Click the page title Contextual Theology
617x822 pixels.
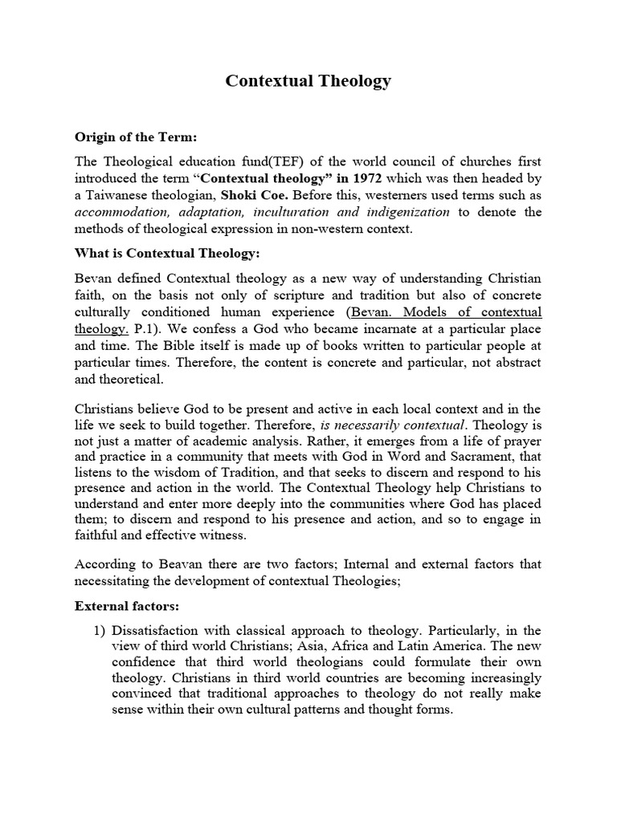308,81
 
